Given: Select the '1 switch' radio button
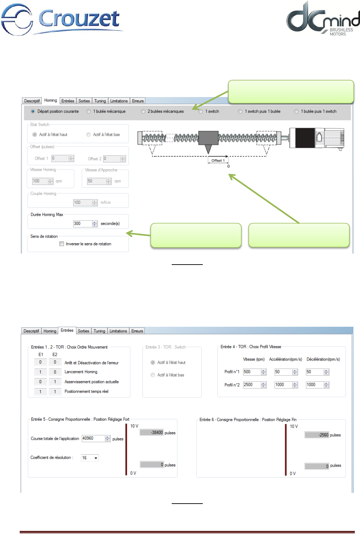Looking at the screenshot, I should click(x=201, y=112).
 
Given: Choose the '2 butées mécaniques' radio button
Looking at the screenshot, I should click(x=143, y=112).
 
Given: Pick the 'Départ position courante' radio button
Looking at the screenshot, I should click(x=33, y=112).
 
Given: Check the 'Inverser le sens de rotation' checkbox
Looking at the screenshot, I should click(x=62, y=244).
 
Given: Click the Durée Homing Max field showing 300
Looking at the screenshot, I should click(x=82, y=224).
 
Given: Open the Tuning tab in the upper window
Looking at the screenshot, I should click(x=100, y=101).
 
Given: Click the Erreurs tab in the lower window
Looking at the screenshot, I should click(x=137, y=331).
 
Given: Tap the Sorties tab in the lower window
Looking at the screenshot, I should click(x=84, y=331).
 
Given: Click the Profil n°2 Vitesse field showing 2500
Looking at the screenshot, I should click(x=252, y=385).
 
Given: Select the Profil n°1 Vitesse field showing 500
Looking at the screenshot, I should click(x=252, y=372).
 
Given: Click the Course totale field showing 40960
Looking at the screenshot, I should click(x=93, y=438).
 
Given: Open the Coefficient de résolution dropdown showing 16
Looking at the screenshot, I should click(x=90, y=458).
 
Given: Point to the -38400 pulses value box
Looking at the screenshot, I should click(x=151, y=432).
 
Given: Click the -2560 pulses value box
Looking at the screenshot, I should click(x=316, y=435).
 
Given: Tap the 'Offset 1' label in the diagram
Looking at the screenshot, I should click(x=218, y=161).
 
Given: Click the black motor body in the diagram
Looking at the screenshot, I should click(x=304, y=137).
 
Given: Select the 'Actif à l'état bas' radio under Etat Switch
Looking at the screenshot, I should click(x=89, y=135).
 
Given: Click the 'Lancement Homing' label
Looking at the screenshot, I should click(x=81, y=372).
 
